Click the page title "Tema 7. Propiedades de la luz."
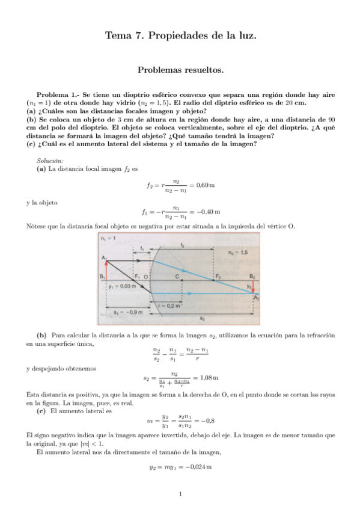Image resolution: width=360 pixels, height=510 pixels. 180,35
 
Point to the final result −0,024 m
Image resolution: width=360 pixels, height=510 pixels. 201,466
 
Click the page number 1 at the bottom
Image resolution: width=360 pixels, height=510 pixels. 180,495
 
